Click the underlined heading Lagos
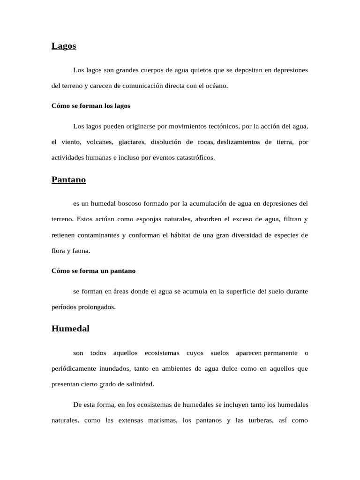pos(64,46)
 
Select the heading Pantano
pos(68,180)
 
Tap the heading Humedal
pos(70,329)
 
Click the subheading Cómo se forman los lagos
pos(91,106)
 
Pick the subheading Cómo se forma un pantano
pos(93,271)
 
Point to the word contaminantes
pos(97,235)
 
